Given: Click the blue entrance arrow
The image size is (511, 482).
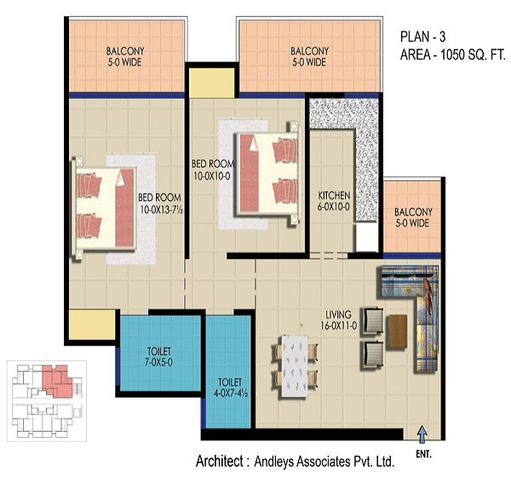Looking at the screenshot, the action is pos(422,433).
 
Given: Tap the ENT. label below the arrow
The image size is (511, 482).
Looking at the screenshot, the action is pos(423,454).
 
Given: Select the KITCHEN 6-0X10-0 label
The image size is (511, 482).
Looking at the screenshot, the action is pos(334,201).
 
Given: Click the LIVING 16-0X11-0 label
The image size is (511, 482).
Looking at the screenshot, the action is pos(339,319).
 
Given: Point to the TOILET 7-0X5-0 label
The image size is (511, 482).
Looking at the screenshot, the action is pos(158,356).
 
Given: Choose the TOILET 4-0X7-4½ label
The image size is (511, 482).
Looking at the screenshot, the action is pos(231,387).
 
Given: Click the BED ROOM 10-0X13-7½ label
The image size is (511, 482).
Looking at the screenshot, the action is pos(160,204).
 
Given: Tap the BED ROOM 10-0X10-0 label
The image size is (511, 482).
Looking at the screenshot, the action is pos(213,169).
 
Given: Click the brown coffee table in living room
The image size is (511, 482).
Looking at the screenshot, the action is pos(398,331).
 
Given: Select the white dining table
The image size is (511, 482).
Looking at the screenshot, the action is pos(295,366).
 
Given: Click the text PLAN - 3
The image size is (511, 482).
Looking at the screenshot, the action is pos(422,37).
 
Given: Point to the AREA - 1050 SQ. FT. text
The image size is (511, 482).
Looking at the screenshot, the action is pos(453,55).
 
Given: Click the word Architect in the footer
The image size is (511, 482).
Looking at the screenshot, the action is pos(220,461).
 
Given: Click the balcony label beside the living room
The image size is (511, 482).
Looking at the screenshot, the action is pos(413,217).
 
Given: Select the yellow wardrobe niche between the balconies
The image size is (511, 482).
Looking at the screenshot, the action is pos(212,83).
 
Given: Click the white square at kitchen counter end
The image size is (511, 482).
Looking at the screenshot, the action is pos(366,237).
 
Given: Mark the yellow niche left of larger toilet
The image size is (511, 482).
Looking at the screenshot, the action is pos(92,325).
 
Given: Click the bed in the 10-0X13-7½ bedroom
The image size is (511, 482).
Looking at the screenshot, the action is pos(105,208).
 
